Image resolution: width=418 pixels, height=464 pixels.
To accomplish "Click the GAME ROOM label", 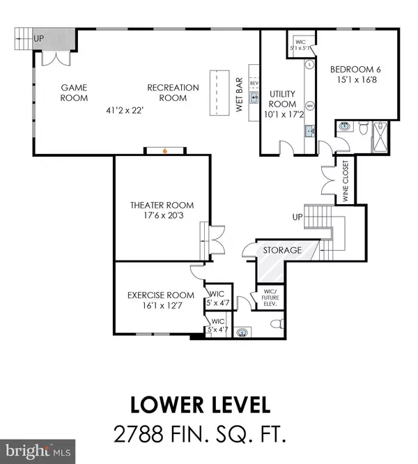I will pyautogui.click(x=74, y=93).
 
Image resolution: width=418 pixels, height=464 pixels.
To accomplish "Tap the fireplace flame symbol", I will pyautogui.click(x=164, y=150).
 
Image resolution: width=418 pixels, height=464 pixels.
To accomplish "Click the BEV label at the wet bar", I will pyautogui.click(x=254, y=82).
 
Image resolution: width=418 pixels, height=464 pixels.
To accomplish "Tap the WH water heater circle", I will pyautogui.click(x=309, y=105).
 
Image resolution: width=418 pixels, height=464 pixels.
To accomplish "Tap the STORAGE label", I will pyautogui.click(x=282, y=249).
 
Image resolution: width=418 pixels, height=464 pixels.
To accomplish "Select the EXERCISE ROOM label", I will pyautogui.click(x=161, y=295).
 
